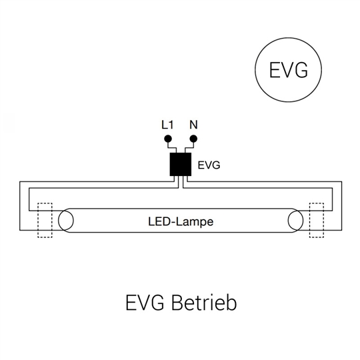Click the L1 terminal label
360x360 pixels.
tap(167, 125)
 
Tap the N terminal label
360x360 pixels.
tap(193, 125)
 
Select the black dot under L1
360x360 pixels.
tap(168, 139)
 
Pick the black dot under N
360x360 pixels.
tap(193, 139)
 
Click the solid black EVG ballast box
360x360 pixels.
tap(181, 164)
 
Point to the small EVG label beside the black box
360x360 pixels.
tap(209, 165)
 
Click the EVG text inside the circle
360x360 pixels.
tap(289, 70)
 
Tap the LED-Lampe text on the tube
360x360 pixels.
tap(181, 222)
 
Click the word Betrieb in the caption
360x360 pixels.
tap(204, 303)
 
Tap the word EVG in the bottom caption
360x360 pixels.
tap(145, 303)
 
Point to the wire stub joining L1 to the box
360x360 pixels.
tap(172, 147)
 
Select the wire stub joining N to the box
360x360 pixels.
tap(189, 147)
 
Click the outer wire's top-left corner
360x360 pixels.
tap(20, 182)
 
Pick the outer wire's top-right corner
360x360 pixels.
tap(341, 182)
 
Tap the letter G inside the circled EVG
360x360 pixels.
tap(301, 70)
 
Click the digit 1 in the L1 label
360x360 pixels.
tap(171, 125)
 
